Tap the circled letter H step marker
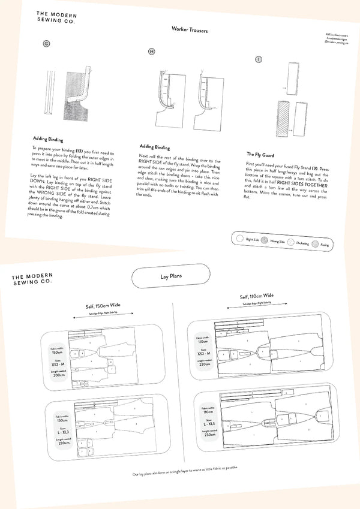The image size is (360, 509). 151,52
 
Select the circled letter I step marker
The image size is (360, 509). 259,59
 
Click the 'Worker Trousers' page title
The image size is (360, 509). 190,29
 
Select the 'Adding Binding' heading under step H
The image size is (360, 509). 155,146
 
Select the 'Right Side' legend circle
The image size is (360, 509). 240,238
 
